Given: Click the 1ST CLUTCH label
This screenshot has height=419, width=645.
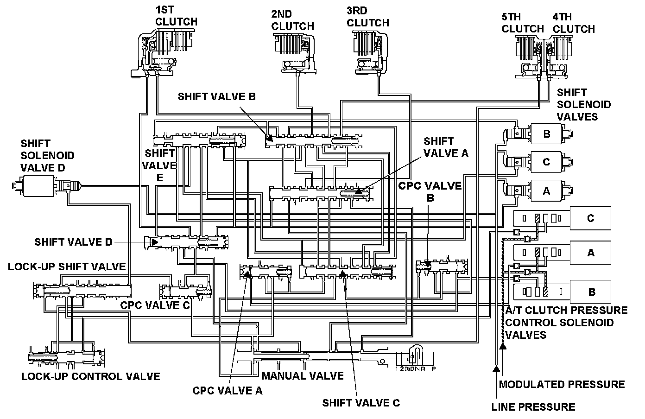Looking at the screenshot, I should pyautogui.click(x=176, y=15).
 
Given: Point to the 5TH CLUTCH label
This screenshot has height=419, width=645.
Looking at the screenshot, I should pyautogui.click(x=523, y=23).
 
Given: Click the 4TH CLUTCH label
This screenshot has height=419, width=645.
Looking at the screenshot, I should pyautogui.click(x=574, y=23).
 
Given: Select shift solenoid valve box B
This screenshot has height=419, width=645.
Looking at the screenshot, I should pyautogui.click(x=546, y=134).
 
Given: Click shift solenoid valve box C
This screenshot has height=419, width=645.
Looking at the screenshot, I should pyautogui.click(x=546, y=162).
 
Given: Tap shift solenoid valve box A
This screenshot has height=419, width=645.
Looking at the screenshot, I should pyautogui.click(x=546, y=190).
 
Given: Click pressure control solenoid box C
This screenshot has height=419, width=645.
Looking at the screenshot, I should pyautogui.click(x=590, y=218).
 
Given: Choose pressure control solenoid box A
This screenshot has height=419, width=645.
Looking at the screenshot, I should pyautogui.click(x=590, y=253).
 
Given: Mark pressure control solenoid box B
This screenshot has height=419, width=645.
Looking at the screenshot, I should pyautogui.click(x=591, y=292).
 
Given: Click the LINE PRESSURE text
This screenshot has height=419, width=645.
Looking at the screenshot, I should pyautogui.click(x=533, y=407).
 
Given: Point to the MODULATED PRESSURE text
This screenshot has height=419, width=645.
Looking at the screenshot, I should pyautogui.click(x=562, y=384).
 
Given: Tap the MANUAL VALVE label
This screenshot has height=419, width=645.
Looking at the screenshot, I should pyautogui.click(x=303, y=375).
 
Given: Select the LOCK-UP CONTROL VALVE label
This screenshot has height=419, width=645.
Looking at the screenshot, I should pyautogui.click(x=90, y=376).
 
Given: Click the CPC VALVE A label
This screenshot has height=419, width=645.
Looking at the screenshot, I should pyautogui.click(x=228, y=391).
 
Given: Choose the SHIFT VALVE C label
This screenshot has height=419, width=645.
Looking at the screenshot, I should pyautogui.click(x=361, y=402).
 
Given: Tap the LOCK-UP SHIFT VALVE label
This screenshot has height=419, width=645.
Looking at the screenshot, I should pyautogui.click(x=67, y=266).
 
